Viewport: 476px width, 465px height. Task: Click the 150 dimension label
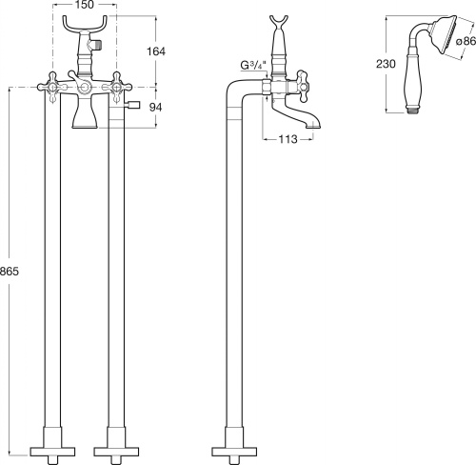click(85, 5)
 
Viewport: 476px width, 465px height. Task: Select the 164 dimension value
click(156, 51)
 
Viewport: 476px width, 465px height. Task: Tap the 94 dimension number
click(155, 108)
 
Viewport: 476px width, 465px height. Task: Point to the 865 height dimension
click(10, 272)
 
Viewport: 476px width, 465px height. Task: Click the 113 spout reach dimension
click(288, 139)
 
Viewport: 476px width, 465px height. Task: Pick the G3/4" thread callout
click(252, 66)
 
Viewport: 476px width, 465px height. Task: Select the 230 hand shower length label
click(386, 64)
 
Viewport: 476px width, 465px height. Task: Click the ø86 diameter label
click(466, 41)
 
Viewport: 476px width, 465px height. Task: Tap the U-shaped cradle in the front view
click(84, 27)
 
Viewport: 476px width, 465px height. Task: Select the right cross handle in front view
click(117, 87)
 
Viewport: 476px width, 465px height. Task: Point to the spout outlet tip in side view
click(313, 126)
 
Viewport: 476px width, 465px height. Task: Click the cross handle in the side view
click(303, 86)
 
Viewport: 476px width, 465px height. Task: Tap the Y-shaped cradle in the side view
click(279, 23)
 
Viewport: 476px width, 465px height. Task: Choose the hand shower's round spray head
click(446, 36)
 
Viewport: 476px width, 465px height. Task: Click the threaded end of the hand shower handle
click(415, 111)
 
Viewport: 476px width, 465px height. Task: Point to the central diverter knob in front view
click(84, 87)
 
